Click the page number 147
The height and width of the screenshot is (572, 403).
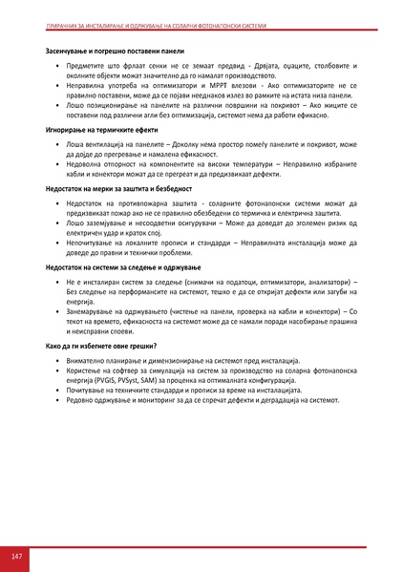(17, 556)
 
